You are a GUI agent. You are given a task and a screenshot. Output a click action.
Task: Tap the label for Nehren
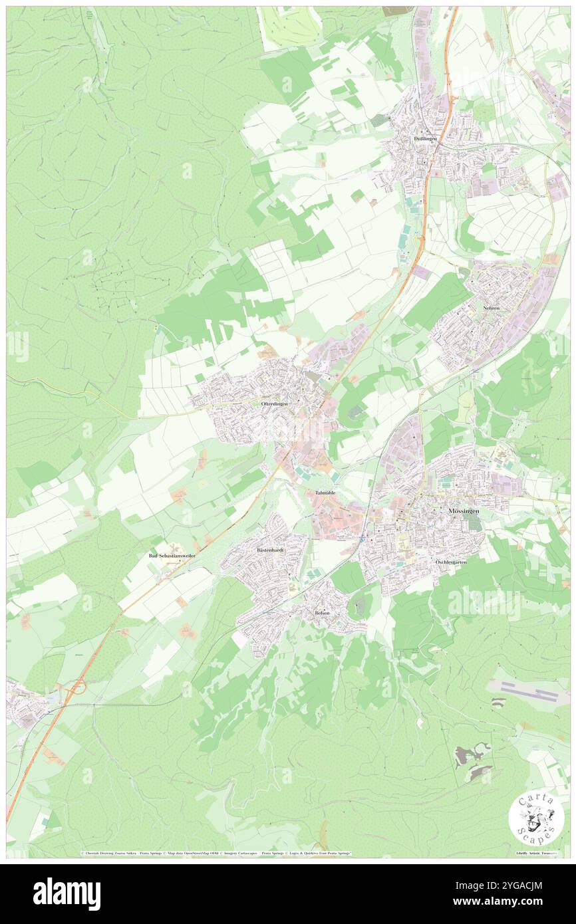click(x=492, y=309)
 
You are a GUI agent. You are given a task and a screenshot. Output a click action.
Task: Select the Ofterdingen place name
click(x=275, y=404)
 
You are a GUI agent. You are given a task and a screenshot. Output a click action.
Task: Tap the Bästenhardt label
click(x=271, y=551)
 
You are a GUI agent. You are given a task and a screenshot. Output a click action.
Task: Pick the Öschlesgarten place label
click(x=452, y=562)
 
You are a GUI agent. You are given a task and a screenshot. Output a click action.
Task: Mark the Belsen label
click(x=323, y=613)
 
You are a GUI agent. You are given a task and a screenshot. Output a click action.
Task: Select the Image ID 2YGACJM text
click(x=520, y=886)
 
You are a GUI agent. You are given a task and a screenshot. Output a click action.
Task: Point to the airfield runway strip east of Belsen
click(x=527, y=691)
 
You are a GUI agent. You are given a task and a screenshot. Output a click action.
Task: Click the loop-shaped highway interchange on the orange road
click(x=75, y=689)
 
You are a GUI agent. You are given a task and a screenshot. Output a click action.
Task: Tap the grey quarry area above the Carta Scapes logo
click(x=474, y=762)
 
